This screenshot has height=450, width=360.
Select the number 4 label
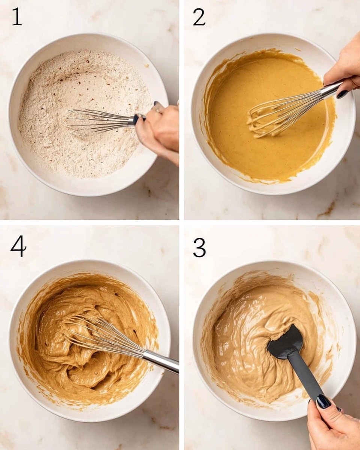click(18, 246)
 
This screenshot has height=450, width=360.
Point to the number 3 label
click(199, 247)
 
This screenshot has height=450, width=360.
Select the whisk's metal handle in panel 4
click(161, 361)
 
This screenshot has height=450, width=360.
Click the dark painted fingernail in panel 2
click(342, 94)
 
